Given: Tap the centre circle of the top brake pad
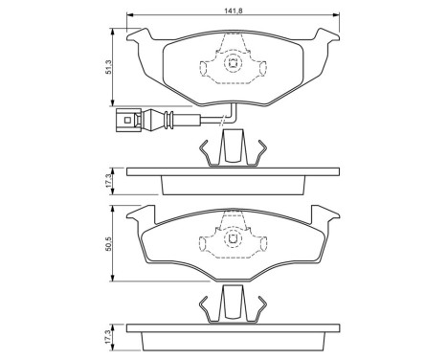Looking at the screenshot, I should (x=232, y=65).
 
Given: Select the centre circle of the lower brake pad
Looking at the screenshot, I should (x=232, y=243).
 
